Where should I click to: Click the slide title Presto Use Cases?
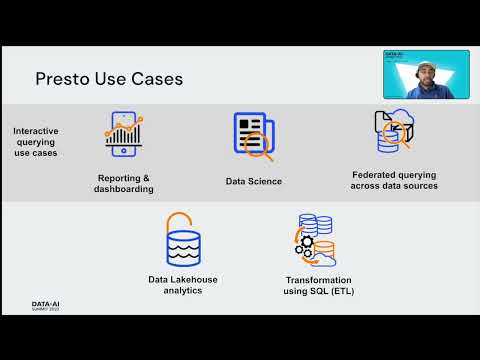point(109,77)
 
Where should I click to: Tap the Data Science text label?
point(254,181)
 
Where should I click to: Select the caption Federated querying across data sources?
point(394,180)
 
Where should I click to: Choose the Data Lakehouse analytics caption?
point(182,285)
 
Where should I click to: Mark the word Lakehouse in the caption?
point(194,280)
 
